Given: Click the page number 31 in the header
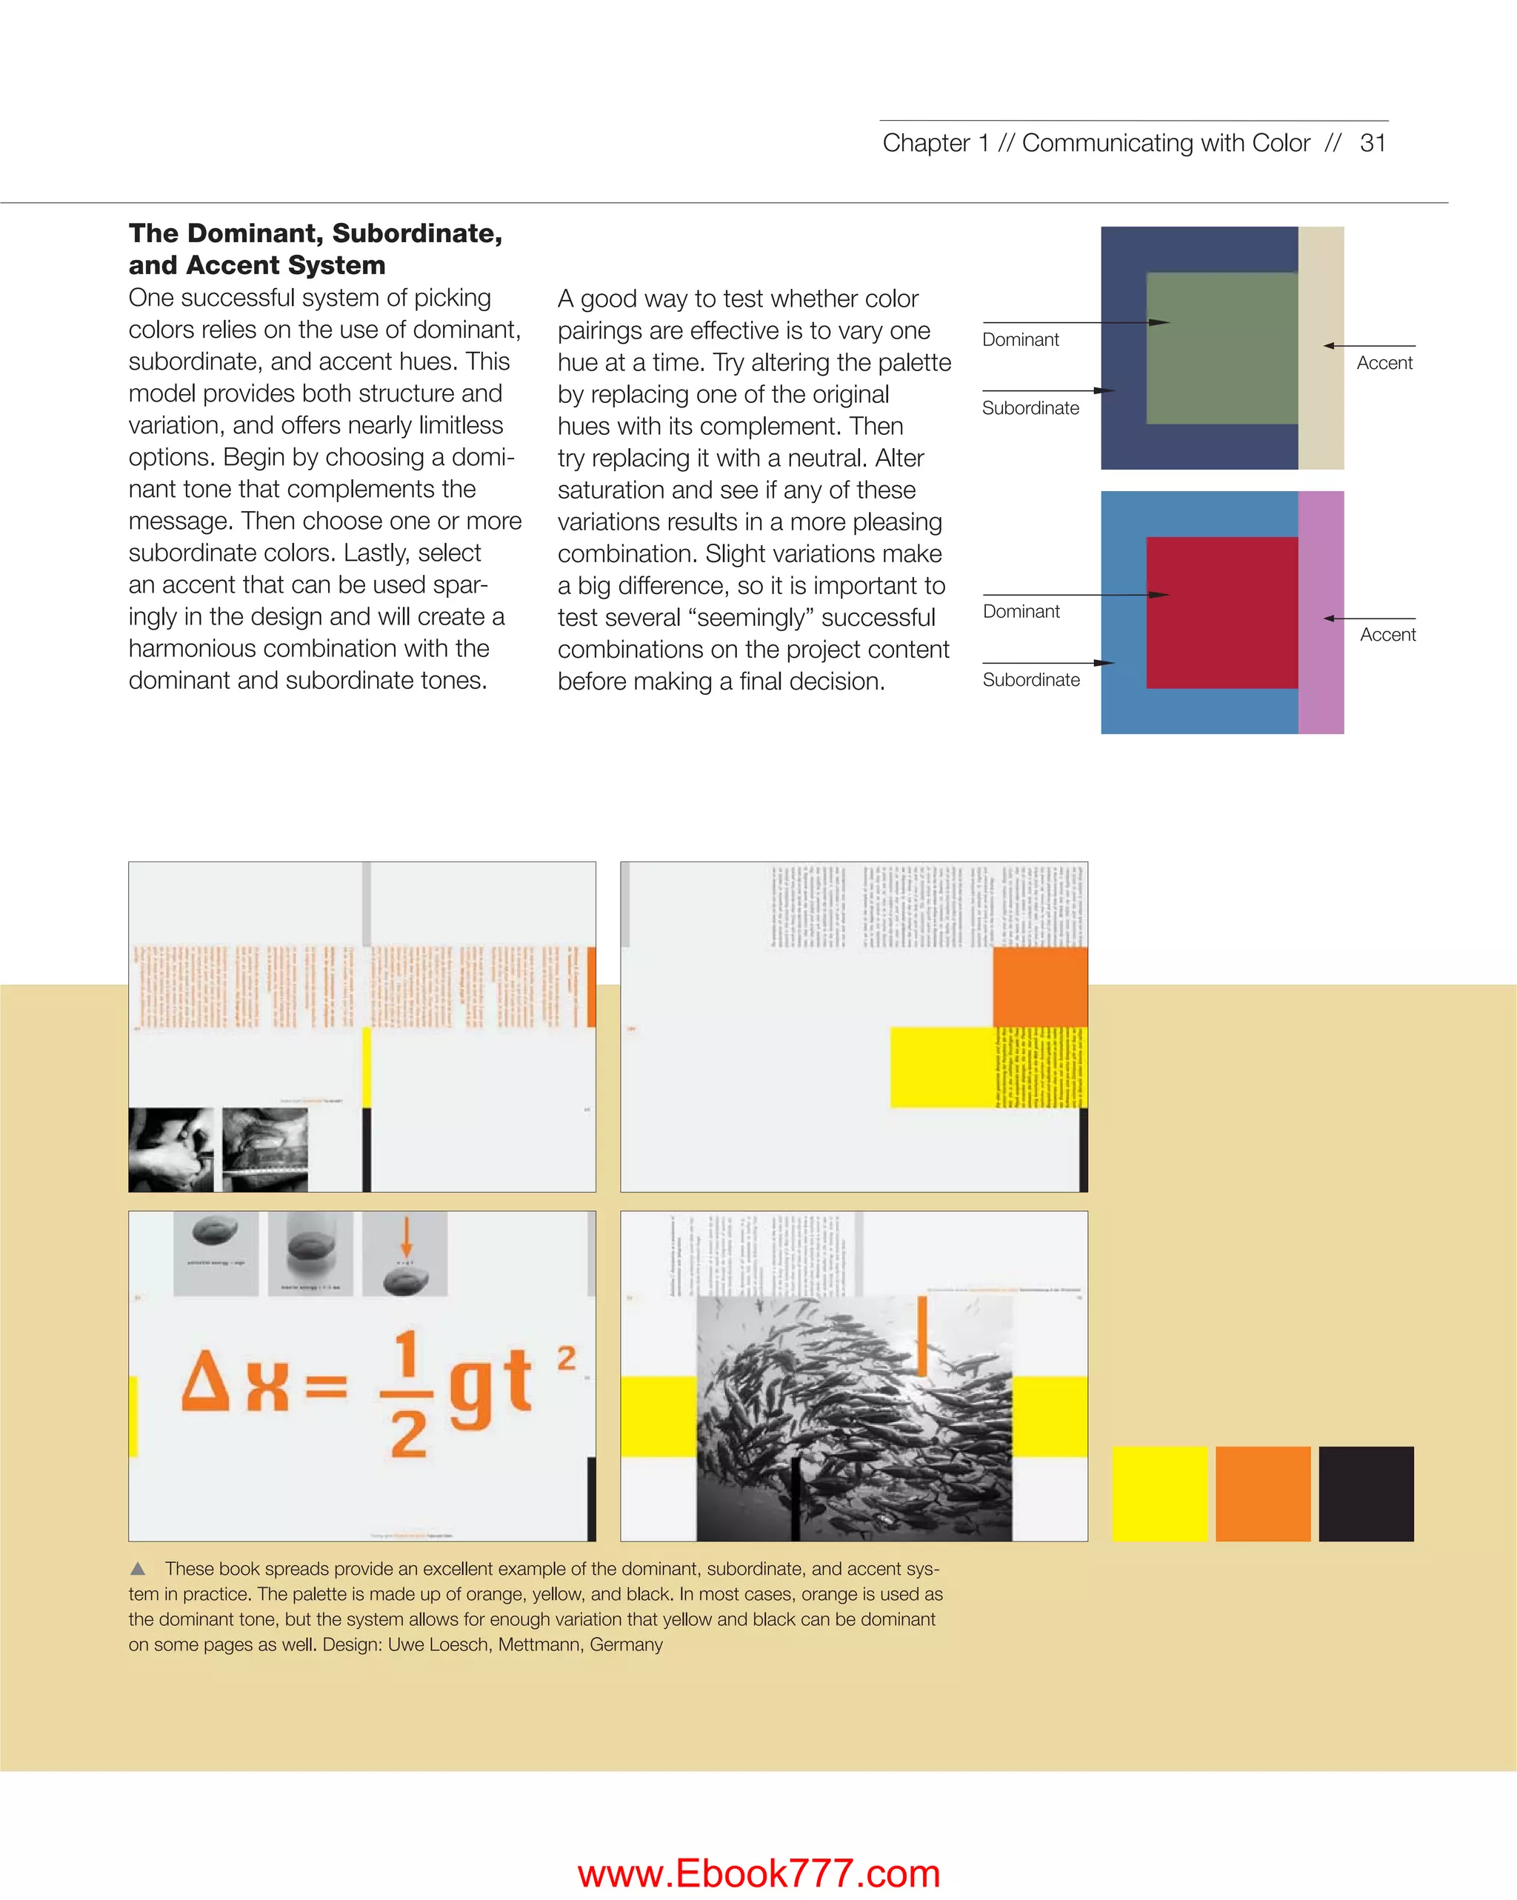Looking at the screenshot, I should pyautogui.click(x=1373, y=143).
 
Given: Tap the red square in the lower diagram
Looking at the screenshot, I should pyautogui.click(x=1221, y=613).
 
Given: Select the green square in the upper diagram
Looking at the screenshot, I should pyautogui.click(x=1221, y=348).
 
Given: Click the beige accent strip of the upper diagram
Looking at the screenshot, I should pyautogui.click(x=1321, y=348).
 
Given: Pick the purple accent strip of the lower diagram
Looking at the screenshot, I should pyautogui.click(x=1321, y=613).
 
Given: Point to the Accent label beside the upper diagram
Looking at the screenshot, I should pyautogui.click(x=1384, y=363).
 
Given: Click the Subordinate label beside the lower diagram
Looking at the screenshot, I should pyautogui.click(x=1030, y=679).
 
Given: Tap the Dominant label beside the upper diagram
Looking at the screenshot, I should pyautogui.click(x=1020, y=339).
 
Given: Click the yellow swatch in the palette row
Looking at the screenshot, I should pyautogui.click(x=1159, y=1494).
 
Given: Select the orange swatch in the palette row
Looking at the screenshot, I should pyautogui.click(x=1262, y=1494).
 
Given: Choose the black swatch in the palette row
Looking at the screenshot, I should pyautogui.click(x=1365, y=1494).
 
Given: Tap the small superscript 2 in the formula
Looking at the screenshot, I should pyautogui.click(x=566, y=1357).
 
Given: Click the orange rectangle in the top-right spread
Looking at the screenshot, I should pyautogui.click(x=1039, y=987).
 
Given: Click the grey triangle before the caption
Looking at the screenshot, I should pyautogui.click(x=138, y=1569).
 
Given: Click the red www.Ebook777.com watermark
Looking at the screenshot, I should pyautogui.click(x=758, y=1873).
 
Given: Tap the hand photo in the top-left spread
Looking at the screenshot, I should pyautogui.click(x=171, y=1149).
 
